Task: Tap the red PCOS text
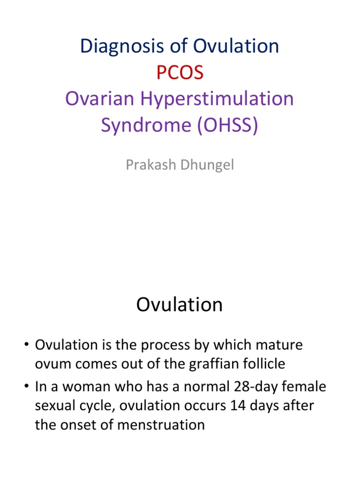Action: pyautogui.click(x=180, y=73)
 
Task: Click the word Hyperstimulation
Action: pyautogui.click(x=216, y=99)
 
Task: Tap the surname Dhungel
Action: pyautogui.click(x=208, y=165)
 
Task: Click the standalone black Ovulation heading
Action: pyautogui.click(x=180, y=305)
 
